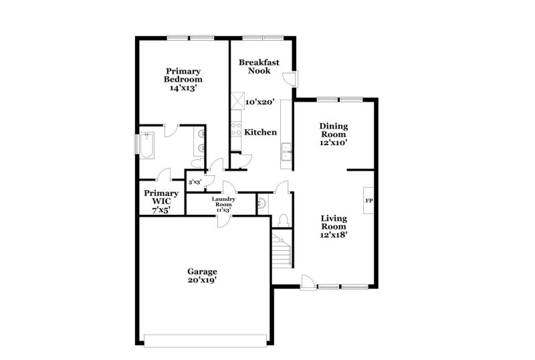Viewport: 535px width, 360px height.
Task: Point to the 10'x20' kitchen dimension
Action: coord(260,102)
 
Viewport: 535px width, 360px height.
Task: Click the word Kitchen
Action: coord(260,132)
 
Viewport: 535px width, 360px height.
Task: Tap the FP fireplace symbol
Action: coord(368,200)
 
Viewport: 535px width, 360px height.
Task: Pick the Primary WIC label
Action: coord(161,198)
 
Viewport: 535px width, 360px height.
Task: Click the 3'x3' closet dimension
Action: coord(195,182)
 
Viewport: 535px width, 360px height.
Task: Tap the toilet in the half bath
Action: coord(283,219)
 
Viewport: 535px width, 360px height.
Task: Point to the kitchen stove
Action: coord(236,128)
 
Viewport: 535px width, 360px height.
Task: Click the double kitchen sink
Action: coord(286,153)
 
